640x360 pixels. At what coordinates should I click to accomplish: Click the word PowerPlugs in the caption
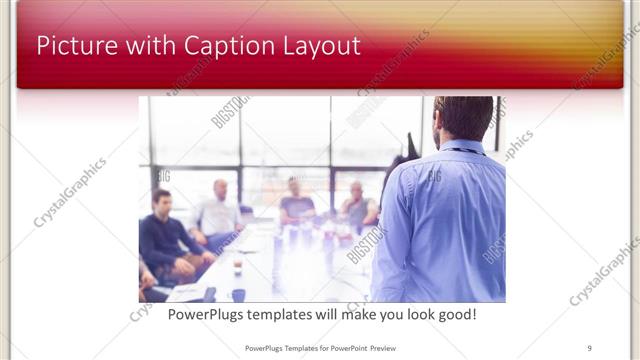(206, 315)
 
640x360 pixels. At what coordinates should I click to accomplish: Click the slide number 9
(589, 348)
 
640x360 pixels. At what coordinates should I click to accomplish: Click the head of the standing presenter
(463, 117)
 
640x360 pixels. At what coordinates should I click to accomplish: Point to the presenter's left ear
(437, 122)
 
